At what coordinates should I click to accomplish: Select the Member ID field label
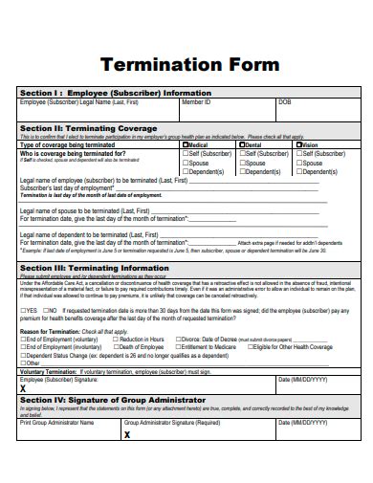(196, 101)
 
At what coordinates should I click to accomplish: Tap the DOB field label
(284, 101)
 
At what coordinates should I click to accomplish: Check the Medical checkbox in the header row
(186, 144)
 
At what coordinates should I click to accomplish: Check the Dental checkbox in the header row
(242, 144)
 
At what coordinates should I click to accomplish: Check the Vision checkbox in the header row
(299, 144)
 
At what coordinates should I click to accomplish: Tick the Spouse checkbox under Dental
(242, 163)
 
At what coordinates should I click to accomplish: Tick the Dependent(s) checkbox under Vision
(299, 171)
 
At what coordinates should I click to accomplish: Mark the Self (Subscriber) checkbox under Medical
(186, 153)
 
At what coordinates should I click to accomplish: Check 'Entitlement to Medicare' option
(178, 347)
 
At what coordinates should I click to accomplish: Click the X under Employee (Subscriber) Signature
(24, 390)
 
